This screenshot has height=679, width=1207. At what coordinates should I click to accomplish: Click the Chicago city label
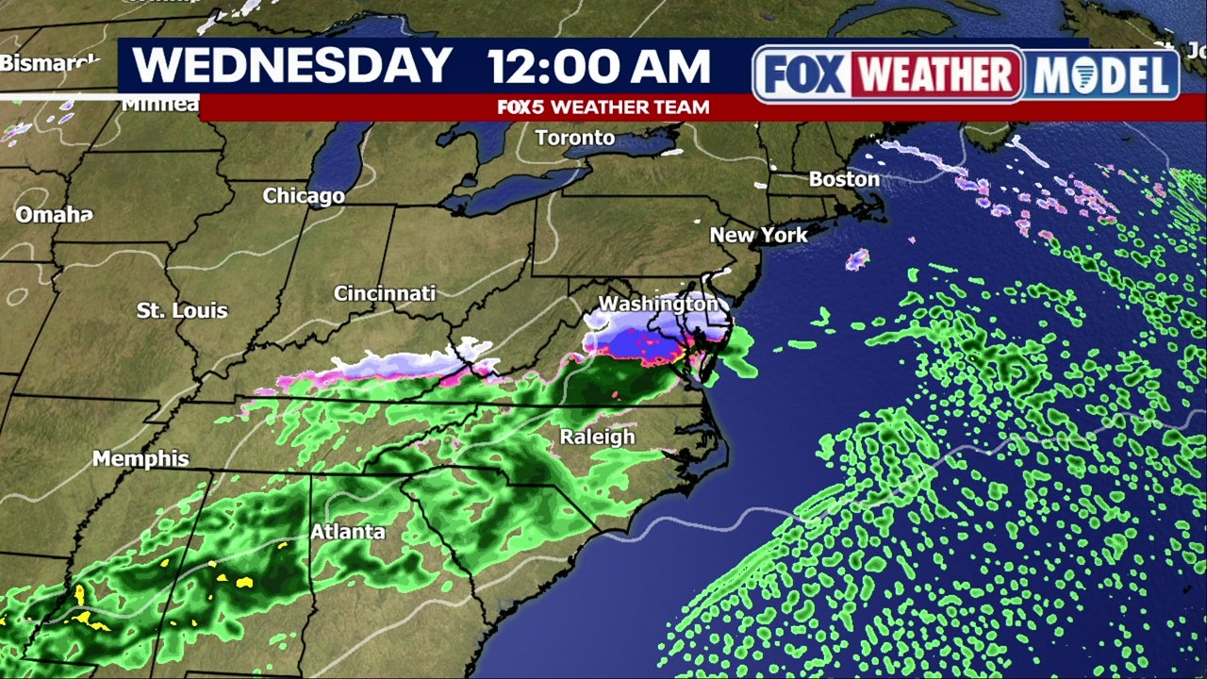[303, 196]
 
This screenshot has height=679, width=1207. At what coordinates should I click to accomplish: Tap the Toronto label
[574, 139]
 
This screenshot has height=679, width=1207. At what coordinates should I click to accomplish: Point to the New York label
[758, 235]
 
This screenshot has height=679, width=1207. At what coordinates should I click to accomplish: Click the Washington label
[658, 305]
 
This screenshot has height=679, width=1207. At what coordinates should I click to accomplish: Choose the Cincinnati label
[385, 293]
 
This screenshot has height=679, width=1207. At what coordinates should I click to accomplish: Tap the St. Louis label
[182, 310]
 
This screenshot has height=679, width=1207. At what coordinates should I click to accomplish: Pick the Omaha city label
[54, 215]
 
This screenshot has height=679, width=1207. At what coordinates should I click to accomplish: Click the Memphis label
[141, 459]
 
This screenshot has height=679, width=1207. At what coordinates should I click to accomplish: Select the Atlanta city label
[348, 532]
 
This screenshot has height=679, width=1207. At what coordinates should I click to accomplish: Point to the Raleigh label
[597, 438]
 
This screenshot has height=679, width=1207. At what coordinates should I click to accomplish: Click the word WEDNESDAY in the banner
[292, 66]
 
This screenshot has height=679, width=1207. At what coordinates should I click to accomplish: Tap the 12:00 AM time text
[598, 67]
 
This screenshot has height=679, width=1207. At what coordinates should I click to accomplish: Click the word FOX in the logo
[803, 74]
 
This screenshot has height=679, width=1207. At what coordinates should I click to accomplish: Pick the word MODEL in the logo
[1101, 75]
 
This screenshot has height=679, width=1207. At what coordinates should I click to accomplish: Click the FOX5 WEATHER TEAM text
[603, 108]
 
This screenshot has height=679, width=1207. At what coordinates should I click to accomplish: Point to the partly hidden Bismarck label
[49, 64]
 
